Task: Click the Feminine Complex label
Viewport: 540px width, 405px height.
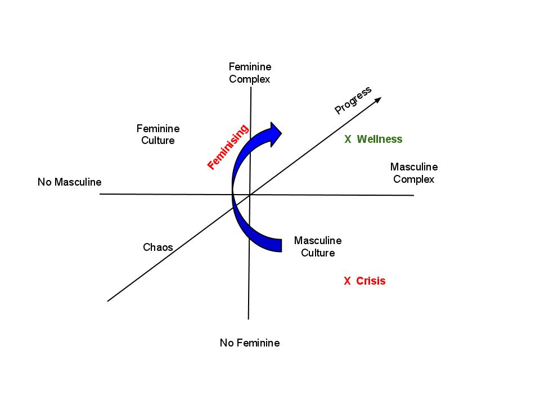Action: [250, 73]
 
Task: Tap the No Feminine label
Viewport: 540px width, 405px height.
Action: [250, 343]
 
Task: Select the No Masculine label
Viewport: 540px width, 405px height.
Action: [70, 182]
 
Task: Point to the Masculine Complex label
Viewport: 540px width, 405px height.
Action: [414, 173]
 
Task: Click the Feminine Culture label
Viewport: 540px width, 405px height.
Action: [158, 134]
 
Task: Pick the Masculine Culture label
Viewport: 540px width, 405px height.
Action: [318, 246]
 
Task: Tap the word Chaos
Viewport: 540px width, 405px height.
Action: [158, 247]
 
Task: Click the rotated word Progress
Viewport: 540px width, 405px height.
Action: [353, 100]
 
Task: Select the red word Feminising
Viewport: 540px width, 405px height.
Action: [228, 147]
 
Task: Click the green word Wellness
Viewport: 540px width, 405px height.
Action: [380, 139]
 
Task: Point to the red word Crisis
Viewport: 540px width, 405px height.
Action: [371, 281]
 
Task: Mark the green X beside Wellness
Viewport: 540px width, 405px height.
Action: [348, 139]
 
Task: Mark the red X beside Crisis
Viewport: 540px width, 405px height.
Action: [347, 281]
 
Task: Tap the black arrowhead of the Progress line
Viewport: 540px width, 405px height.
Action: [378, 100]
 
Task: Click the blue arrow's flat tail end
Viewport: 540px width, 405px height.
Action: [280, 245]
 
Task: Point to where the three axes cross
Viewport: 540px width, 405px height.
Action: [249, 195]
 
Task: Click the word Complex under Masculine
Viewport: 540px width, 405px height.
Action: [414, 179]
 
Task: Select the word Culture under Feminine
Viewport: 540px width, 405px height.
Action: [158, 141]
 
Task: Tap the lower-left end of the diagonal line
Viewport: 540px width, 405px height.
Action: [108, 301]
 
